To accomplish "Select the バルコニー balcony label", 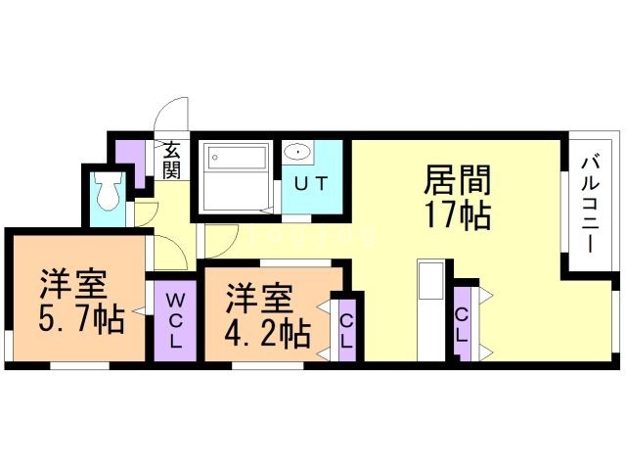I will [590, 204].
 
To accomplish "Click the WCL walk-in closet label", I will [175, 320].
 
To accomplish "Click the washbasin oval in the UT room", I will [297, 154].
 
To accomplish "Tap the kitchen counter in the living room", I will [430, 284].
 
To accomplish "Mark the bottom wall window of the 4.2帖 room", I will [260, 366].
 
